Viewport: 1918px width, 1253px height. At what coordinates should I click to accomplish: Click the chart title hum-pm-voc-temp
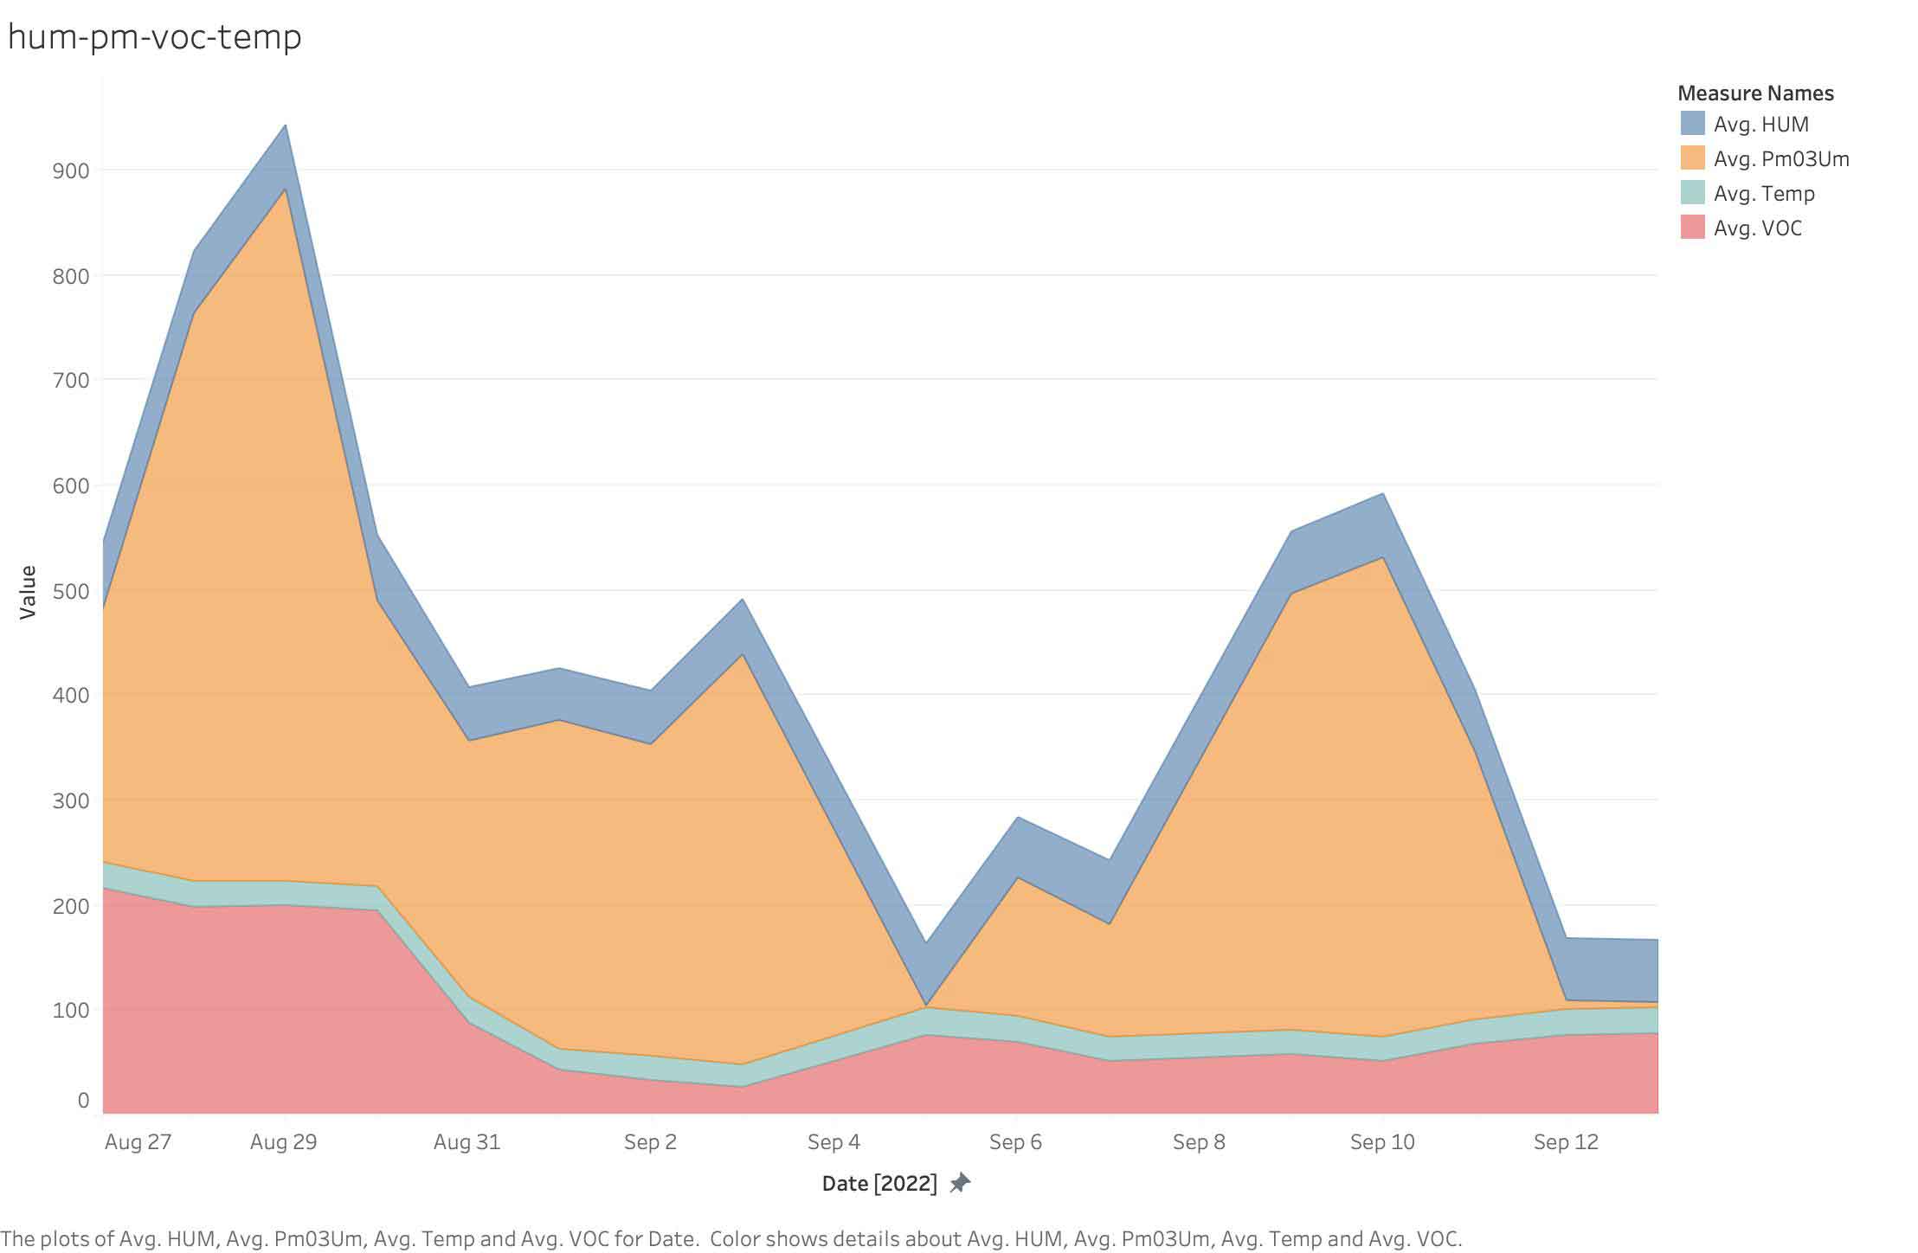[x=154, y=37]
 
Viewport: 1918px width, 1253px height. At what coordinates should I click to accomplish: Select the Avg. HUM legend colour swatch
[x=1692, y=124]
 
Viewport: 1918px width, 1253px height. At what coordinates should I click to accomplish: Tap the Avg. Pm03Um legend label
[x=1781, y=159]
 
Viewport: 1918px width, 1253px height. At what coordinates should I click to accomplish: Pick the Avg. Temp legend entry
[x=1763, y=194]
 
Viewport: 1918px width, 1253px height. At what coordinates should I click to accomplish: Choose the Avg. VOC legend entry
[x=1757, y=228]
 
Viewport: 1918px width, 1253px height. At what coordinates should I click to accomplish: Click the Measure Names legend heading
[x=1755, y=93]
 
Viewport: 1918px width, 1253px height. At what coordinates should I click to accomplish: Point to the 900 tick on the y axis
[x=71, y=170]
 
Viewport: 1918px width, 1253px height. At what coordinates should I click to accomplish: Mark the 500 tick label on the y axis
[x=71, y=591]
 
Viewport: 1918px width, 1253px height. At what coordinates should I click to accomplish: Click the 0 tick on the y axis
[x=83, y=1100]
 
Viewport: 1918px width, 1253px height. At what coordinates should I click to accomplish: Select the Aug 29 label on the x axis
[x=284, y=1142]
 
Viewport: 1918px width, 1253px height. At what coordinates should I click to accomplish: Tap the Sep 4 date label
[x=833, y=1142]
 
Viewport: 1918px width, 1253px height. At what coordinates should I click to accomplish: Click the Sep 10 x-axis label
[x=1382, y=1142]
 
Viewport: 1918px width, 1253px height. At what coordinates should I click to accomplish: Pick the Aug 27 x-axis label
[x=138, y=1142]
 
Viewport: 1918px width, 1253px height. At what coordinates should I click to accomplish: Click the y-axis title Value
[x=28, y=592]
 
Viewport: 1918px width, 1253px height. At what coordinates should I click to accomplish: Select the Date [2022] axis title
[x=879, y=1184]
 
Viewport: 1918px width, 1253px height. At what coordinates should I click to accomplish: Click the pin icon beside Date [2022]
[x=960, y=1183]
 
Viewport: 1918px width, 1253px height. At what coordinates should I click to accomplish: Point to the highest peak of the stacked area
[x=286, y=126]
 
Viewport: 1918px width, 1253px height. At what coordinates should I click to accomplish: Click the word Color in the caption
[x=735, y=1239]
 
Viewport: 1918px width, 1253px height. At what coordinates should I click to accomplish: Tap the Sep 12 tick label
[x=1566, y=1142]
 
